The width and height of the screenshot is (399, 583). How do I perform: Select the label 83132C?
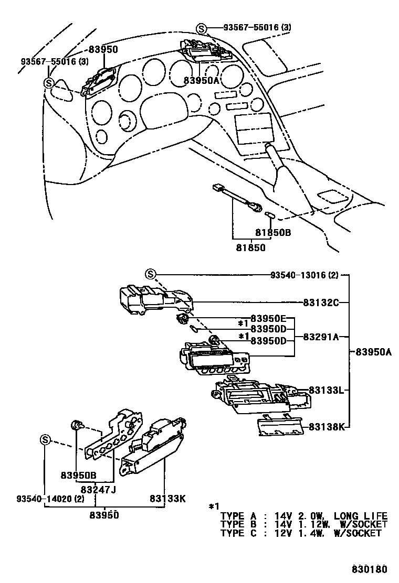(x=321, y=302)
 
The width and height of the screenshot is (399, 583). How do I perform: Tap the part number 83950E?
(x=268, y=318)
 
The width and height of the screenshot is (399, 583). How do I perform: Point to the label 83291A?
(x=321, y=337)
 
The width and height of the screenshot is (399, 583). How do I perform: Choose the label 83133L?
(x=326, y=390)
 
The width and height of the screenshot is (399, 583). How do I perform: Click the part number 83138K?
(x=326, y=427)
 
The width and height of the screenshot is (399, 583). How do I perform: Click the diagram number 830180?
(x=369, y=569)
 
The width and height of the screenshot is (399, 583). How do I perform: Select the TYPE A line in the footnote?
(x=303, y=516)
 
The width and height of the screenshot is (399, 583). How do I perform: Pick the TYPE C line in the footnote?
(x=300, y=533)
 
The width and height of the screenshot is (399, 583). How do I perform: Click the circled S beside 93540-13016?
(x=150, y=274)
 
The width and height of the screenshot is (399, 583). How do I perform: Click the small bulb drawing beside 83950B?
(x=77, y=425)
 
